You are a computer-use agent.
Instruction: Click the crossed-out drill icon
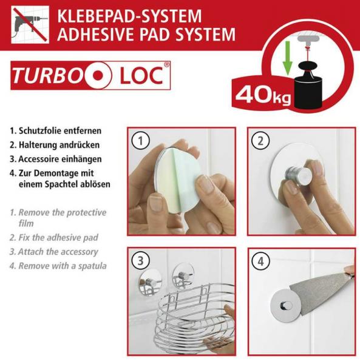pyautogui.click(x=30, y=24)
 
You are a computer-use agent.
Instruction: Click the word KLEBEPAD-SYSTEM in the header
pyautogui.click(x=129, y=16)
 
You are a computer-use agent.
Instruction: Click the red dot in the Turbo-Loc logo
pyautogui.click(x=98, y=75)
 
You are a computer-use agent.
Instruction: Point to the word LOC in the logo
pyautogui.click(x=141, y=75)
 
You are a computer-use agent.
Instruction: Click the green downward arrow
pyautogui.click(x=288, y=58)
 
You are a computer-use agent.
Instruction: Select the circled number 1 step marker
pyautogui.click(x=140, y=141)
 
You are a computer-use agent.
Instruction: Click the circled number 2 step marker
pyautogui.click(x=260, y=141)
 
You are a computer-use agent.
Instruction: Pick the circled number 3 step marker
pyautogui.click(x=140, y=261)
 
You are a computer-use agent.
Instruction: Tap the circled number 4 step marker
pyautogui.click(x=260, y=261)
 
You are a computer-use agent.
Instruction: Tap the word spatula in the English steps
pyautogui.click(x=92, y=266)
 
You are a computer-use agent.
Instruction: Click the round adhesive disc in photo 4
pyautogui.click(x=285, y=305)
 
